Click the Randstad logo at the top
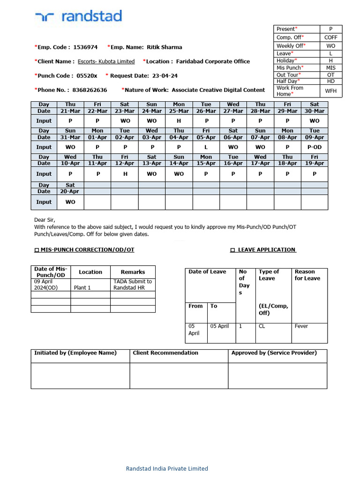(78, 17)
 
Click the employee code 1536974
(86, 47)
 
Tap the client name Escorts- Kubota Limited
(106, 61)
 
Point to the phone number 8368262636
(90, 90)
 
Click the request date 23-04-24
(164, 75)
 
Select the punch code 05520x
(87, 75)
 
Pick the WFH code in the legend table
(331, 91)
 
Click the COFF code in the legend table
(331, 37)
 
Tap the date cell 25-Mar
(179, 111)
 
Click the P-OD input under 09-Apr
(315, 147)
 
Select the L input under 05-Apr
(206, 147)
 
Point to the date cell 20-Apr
(70, 191)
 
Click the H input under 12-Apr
(124, 173)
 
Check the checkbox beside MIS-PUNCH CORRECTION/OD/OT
(37, 250)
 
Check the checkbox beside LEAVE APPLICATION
(232, 250)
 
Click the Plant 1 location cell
(82, 288)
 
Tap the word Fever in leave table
(301, 326)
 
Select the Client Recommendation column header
(165, 353)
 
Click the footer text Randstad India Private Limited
(167, 468)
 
